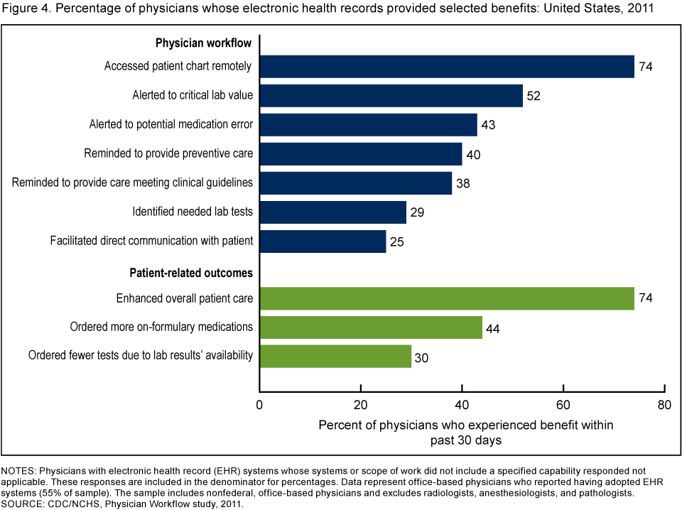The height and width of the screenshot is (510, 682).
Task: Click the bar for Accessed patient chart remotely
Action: tap(447, 67)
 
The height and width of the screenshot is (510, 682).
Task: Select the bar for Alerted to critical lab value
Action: tap(391, 96)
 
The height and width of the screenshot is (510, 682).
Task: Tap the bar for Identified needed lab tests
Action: tap(332, 212)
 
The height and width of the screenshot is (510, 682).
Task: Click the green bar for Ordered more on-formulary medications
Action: tap(371, 327)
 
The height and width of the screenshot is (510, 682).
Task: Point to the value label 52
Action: tap(534, 96)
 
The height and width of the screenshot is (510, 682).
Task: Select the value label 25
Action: tap(396, 241)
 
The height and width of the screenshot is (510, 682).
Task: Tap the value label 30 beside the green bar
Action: tap(422, 356)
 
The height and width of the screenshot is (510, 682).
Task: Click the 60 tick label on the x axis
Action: tap(563, 406)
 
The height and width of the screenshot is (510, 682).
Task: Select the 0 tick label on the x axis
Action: tap(260, 406)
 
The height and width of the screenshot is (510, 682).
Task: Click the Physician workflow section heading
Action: tap(205, 43)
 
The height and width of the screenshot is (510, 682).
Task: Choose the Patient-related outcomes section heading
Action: tap(191, 273)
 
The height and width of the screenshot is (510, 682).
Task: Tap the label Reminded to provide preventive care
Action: tap(168, 153)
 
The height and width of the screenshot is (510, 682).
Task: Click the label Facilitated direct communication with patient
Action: tap(151, 241)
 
